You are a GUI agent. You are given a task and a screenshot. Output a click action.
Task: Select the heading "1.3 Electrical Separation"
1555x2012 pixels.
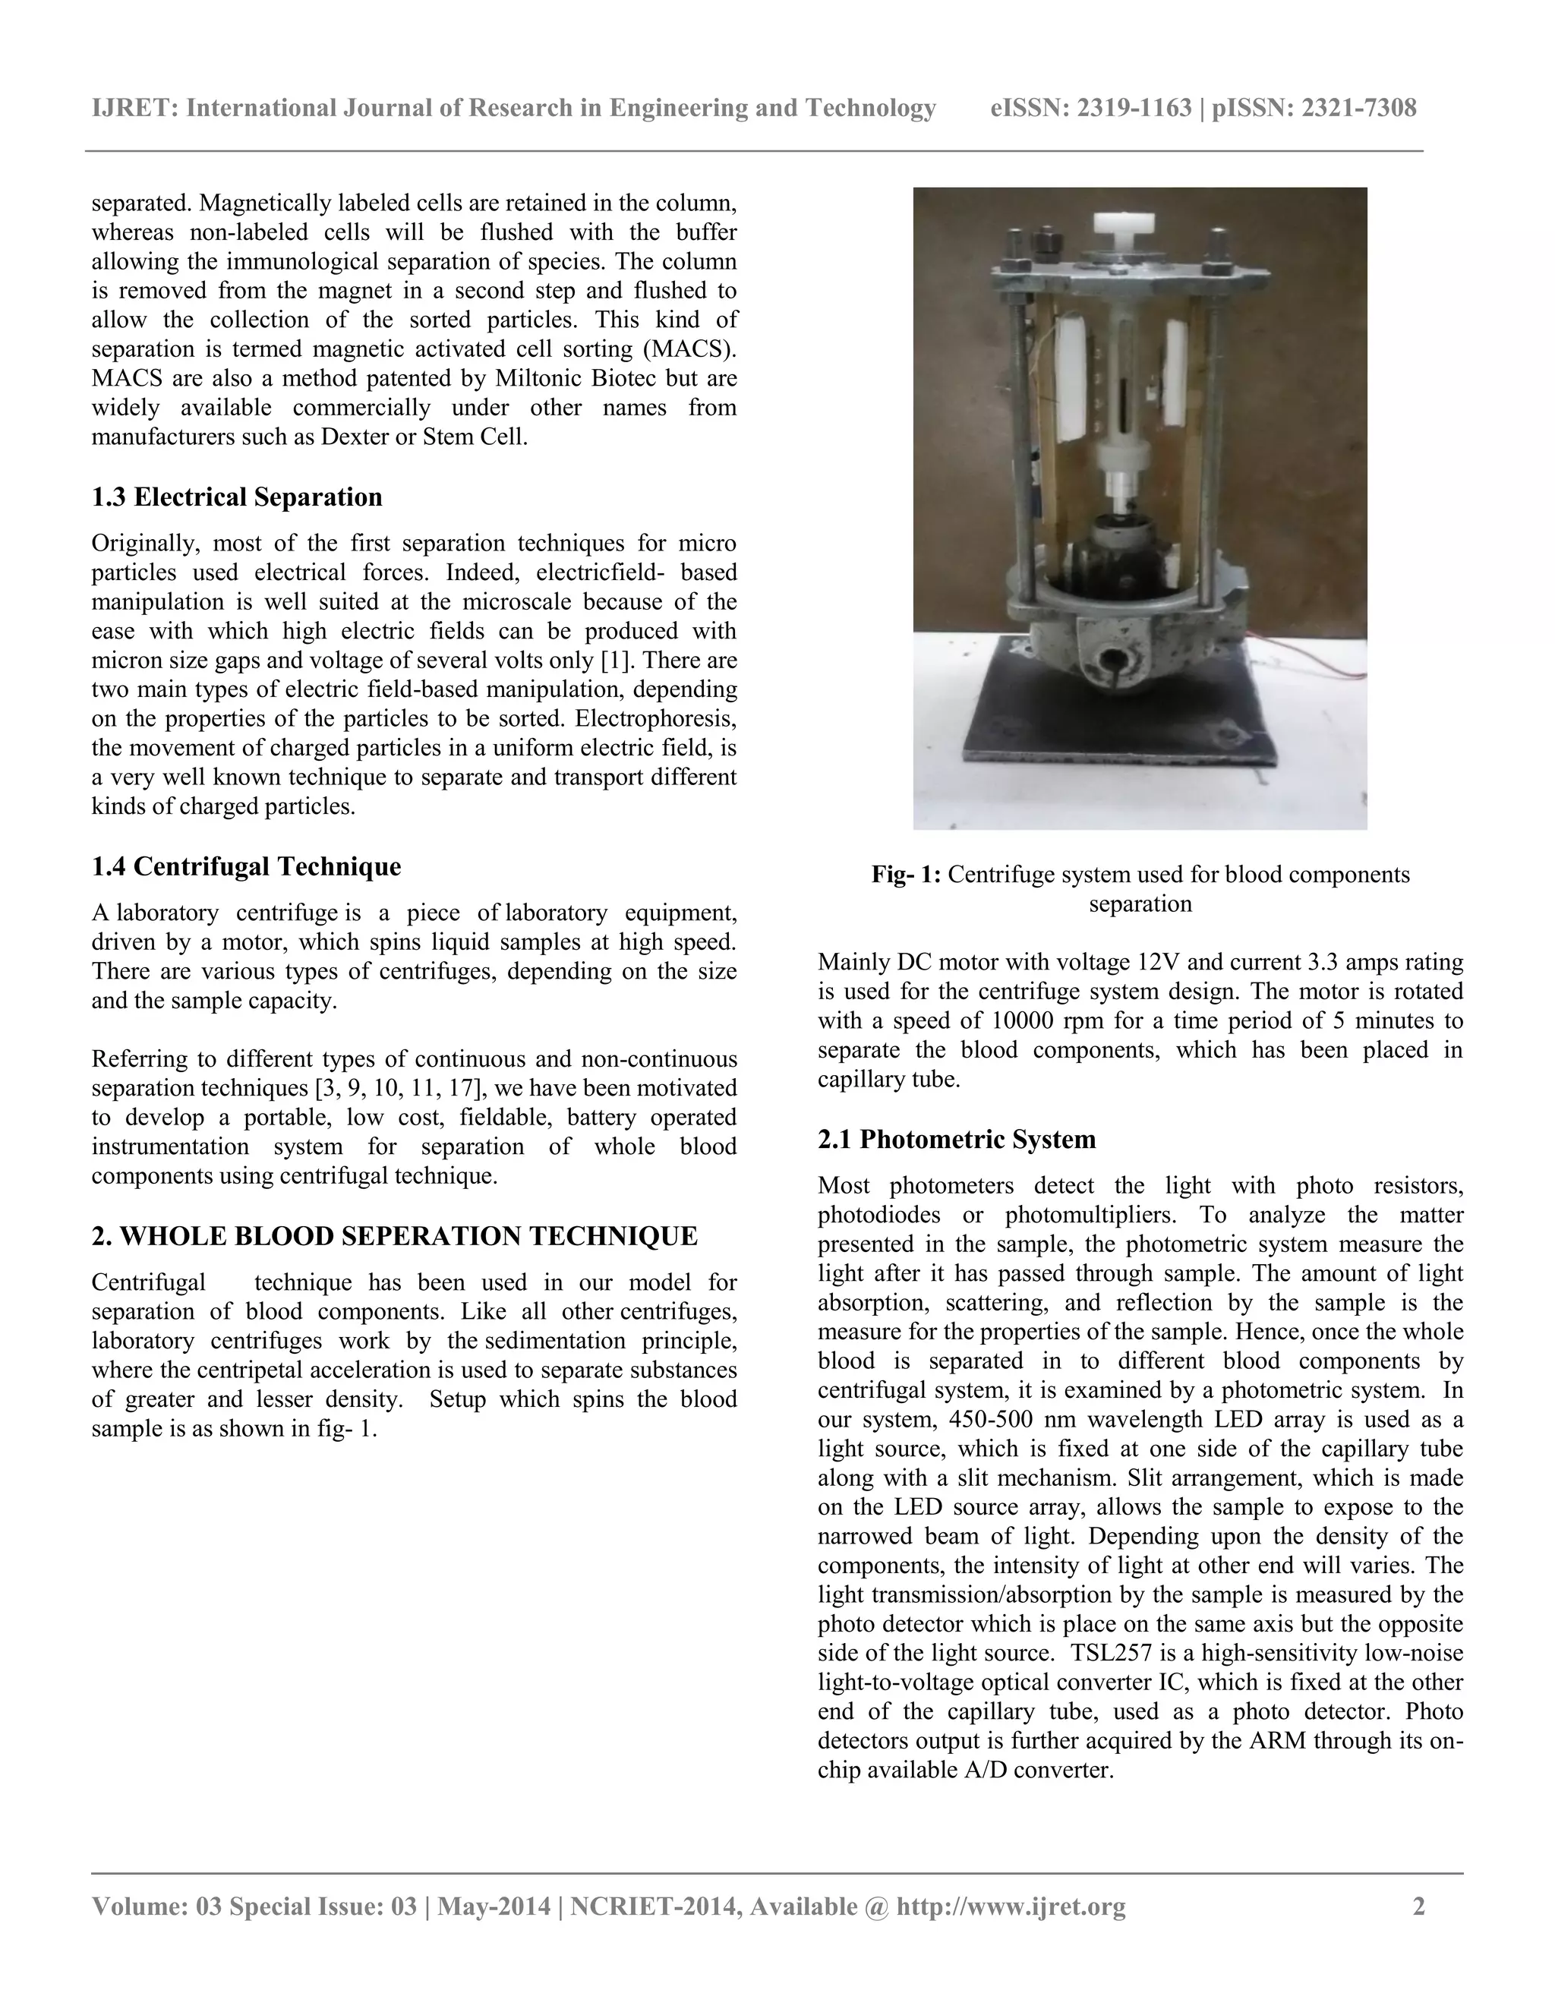tap(237, 497)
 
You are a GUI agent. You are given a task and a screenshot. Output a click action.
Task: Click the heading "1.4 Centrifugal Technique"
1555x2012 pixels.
tap(246, 867)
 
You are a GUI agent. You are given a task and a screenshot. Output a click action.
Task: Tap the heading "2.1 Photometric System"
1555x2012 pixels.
tap(956, 1140)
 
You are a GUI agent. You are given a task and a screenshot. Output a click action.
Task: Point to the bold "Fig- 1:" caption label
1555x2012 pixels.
tap(906, 874)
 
